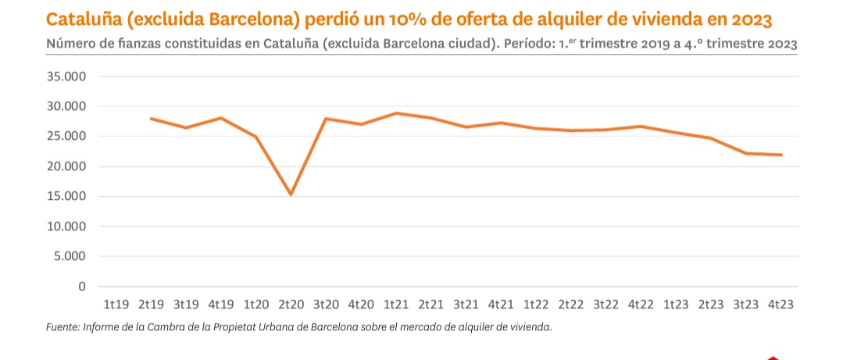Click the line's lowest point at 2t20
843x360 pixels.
[x=291, y=194]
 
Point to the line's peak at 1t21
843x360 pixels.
[x=397, y=113]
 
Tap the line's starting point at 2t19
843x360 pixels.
[x=151, y=119]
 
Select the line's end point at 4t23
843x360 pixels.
[x=780, y=155]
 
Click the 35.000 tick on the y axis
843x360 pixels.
[x=66, y=77]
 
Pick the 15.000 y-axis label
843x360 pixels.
[x=66, y=196]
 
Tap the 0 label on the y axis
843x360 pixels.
[x=81, y=287]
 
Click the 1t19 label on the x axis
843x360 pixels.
[x=116, y=305]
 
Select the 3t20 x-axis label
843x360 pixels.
[x=326, y=305]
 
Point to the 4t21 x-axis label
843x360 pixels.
[x=501, y=305]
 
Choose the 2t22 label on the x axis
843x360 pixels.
[x=571, y=305]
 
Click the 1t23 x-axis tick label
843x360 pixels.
[x=676, y=305]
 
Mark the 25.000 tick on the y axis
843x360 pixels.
[x=66, y=136]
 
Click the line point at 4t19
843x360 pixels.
[x=221, y=118]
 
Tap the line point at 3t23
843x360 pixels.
[x=746, y=153]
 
